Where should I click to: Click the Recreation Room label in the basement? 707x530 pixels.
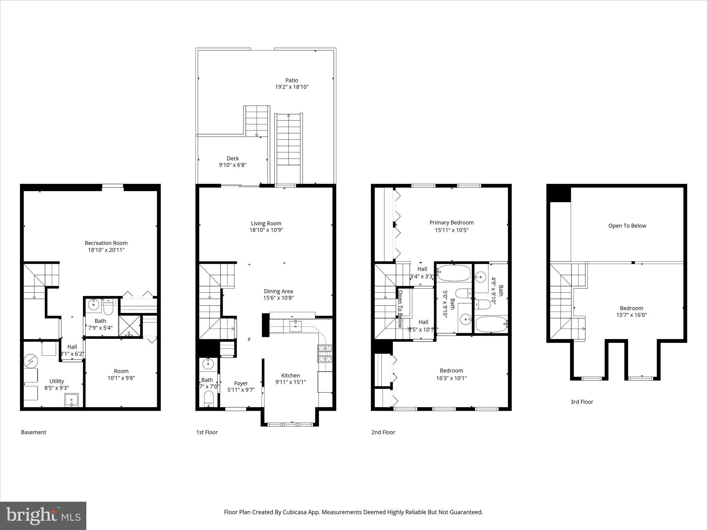[106, 243]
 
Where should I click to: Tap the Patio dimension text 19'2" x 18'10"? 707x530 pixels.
[291, 87]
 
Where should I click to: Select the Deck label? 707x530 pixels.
[233, 158]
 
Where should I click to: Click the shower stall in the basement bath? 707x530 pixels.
[130, 326]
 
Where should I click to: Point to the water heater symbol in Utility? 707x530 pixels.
[30, 361]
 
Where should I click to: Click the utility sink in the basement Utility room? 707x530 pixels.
[71, 400]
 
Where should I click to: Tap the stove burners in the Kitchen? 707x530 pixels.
[325, 353]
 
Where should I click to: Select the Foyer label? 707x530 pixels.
[241, 383]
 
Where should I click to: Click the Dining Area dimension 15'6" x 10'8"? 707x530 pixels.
[279, 298]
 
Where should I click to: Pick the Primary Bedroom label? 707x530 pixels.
[452, 223]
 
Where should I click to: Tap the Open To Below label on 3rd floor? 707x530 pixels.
[627, 226]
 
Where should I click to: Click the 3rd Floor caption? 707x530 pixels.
[582, 402]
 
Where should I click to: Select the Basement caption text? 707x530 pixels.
[33, 432]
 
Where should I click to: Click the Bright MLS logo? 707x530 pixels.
[43, 516]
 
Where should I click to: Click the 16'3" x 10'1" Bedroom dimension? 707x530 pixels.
[451, 378]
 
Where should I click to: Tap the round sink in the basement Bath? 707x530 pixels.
[93, 305]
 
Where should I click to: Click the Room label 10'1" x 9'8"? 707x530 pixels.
[121, 371]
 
